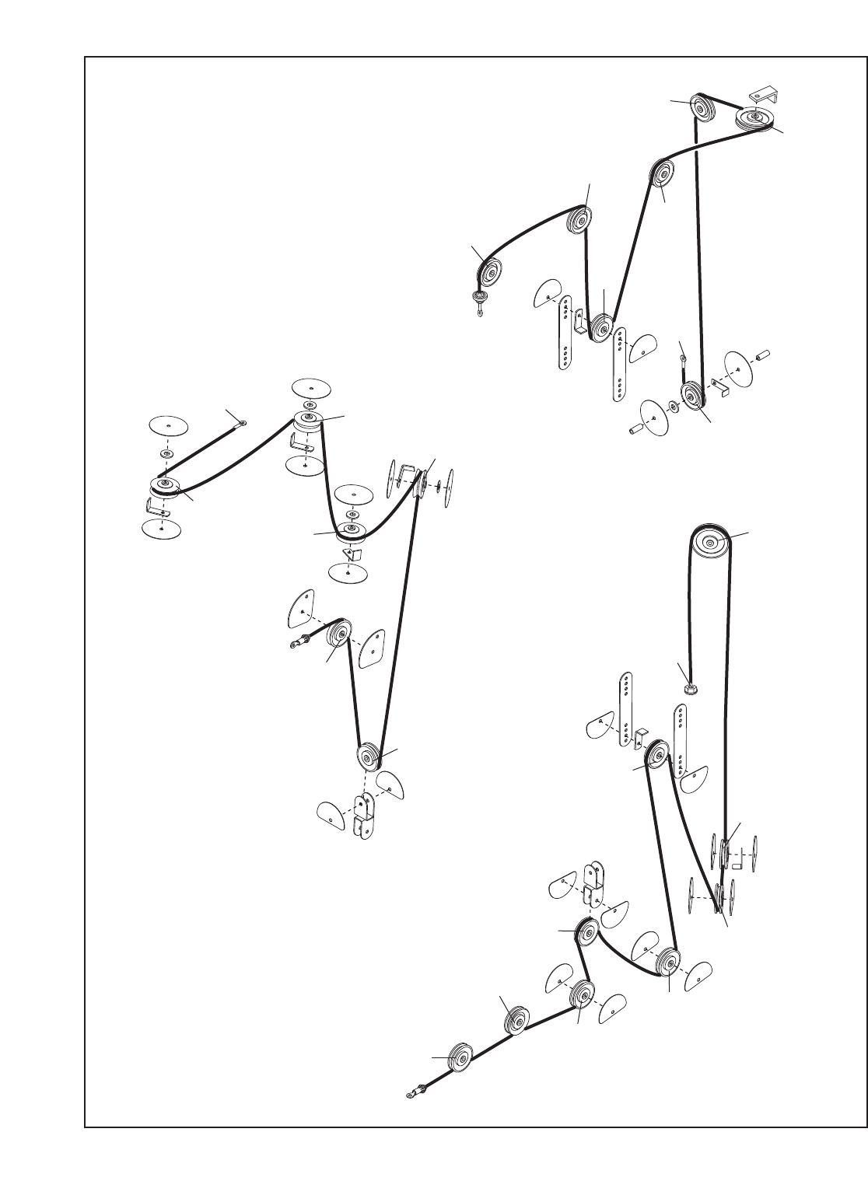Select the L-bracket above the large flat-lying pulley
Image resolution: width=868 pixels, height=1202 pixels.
pos(764,96)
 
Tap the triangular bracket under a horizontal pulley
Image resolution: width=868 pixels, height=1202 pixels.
pos(352,554)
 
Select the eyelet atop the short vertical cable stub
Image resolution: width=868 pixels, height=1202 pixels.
pos(682,358)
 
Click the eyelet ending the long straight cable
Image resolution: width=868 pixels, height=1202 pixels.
pos(243,423)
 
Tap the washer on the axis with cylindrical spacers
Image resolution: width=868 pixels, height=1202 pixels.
pos(670,407)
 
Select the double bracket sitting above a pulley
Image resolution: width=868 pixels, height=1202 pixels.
pos(593,885)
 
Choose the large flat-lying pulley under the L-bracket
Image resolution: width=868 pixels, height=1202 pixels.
pos(754,120)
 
